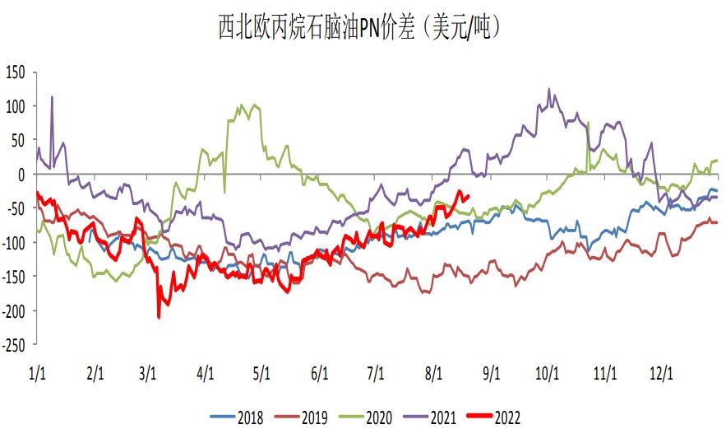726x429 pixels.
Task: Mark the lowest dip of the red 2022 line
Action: click(x=159, y=317)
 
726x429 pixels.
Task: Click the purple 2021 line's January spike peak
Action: click(x=53, y=96)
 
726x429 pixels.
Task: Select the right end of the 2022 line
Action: click(x=469, y=194)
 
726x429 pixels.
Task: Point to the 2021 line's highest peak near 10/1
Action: click(x=549, y=89)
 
